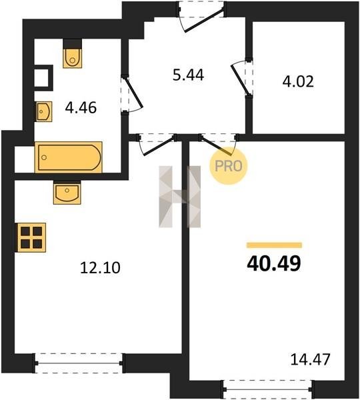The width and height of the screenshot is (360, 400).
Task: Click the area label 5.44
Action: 188,75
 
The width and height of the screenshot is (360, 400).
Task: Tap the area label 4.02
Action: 298,82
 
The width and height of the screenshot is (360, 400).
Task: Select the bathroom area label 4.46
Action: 81,107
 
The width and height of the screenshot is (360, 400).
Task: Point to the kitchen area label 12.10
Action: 100,268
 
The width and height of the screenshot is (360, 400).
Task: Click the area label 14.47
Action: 310,359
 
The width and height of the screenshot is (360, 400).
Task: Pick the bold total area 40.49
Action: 274,263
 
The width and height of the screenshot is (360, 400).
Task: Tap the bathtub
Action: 69,157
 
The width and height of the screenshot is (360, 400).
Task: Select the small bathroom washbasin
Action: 44,111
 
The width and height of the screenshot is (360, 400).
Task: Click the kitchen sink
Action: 67,193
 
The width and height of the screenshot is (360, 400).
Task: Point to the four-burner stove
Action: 31,237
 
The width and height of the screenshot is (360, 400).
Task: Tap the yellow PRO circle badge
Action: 229,166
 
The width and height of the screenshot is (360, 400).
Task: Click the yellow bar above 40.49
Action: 274,245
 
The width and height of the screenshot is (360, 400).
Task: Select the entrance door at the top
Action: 201,17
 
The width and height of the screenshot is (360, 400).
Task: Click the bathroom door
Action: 131,93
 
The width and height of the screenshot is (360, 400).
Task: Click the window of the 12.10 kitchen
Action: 79,363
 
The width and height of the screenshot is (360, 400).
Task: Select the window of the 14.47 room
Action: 267,389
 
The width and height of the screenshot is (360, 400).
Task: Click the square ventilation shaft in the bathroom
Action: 43,78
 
